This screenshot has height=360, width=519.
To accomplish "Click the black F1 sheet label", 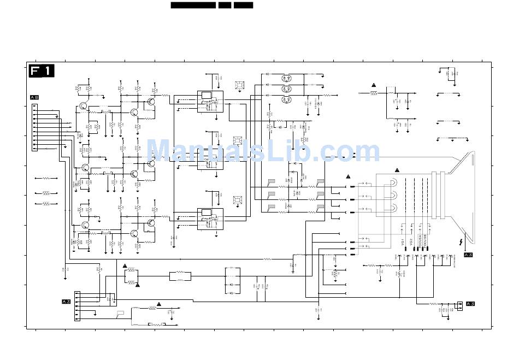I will click(x=42, y=71).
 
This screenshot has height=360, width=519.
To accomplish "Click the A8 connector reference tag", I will click(x=34, y=97).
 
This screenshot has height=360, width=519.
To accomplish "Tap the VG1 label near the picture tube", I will click(x=402, y=242).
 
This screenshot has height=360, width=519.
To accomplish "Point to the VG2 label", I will click(x=411, y=242).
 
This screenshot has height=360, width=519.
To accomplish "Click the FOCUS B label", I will click(x=424, y=241).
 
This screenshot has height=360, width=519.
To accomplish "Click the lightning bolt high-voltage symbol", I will click(x=463, y=241).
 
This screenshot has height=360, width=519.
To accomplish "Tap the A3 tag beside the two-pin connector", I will click(x=470, y=304).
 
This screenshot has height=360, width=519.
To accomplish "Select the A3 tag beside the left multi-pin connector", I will click(x=66, y=302).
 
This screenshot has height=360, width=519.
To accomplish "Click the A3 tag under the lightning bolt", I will click(x=468, y=255).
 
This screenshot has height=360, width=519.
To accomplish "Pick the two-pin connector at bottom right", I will click(x=460, y=305).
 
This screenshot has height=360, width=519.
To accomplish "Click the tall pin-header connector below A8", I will click(x=34, y=127).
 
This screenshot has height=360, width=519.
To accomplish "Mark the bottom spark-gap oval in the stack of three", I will click(x=286, y=99).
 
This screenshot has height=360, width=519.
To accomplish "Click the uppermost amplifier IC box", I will click(x=210, y=101).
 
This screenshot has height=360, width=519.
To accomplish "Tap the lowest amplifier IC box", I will click(x=210, y=219).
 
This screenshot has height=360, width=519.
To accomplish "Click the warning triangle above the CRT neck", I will click(x=397, y=170).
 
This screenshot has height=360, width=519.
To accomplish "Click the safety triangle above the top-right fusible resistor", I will click(x=374, y=85).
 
